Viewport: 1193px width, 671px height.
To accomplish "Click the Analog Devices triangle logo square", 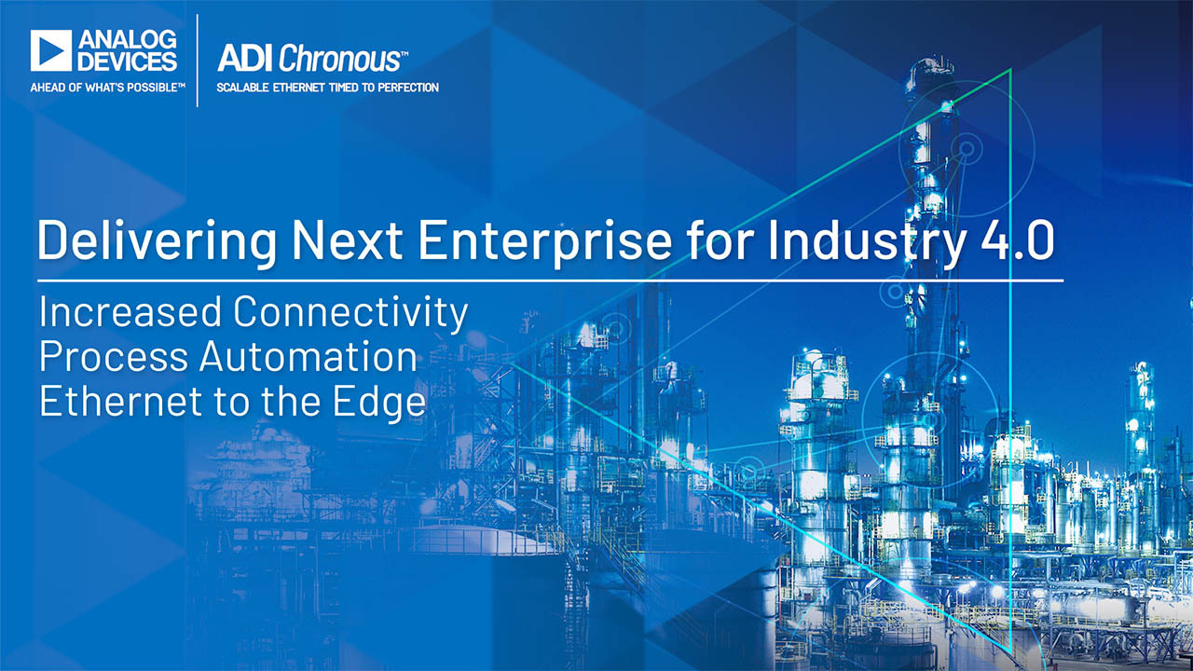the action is (x=51, y=50).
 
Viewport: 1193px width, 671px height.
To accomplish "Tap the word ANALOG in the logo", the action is (x=128, y=39).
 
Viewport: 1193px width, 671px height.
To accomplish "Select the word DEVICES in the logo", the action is (x=128, y=62).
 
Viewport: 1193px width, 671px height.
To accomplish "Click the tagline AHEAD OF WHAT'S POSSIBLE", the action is (x=107, y=88).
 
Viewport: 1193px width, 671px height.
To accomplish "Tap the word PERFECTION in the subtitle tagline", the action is (x=408, y=88).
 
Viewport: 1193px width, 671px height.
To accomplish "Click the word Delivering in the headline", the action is (x=157, y=241).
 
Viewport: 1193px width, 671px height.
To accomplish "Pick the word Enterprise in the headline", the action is (x=545, y=241).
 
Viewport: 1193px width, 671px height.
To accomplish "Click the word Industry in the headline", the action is (x=866, y=241).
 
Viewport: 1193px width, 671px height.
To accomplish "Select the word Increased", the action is (x=130, y=311).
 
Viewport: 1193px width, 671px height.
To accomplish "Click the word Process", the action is (x=114, y=356).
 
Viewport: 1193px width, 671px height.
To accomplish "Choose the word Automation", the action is (x=309, y=356).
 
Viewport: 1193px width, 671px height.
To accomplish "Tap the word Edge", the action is (x=379, y=404).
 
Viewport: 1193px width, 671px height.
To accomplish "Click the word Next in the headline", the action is (x=347, y=240).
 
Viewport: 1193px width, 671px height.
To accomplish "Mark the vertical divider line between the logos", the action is (x=198, y=61).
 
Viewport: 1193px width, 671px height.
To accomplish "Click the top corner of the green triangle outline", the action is (x=1010, y=69).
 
